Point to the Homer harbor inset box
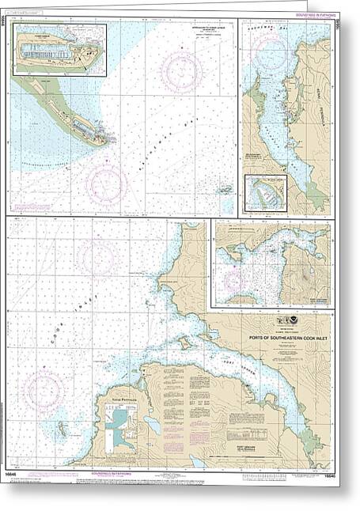tap(60, 50)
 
